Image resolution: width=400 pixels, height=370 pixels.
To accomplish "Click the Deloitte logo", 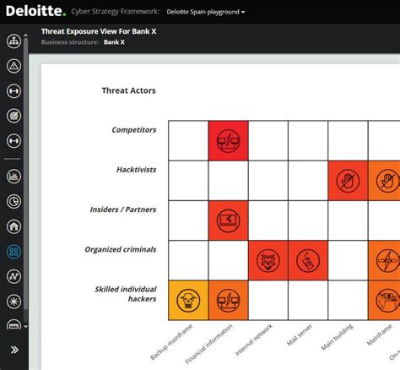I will [x=41, y=12].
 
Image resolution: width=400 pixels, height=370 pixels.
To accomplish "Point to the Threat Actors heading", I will [x=128, y=90].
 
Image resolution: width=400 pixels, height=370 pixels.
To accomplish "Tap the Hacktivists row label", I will [x=136, y=170].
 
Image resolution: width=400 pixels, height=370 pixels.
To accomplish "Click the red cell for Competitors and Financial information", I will [x=229, y=140].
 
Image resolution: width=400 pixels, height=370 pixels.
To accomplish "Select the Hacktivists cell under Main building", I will [x=348, y=180].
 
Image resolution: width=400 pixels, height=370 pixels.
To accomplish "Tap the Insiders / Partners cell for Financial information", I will [x=229, y=220].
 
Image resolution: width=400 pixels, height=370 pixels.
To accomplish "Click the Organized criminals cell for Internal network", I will [x=268, y=259].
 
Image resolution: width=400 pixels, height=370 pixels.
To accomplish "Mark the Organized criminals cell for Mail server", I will [x=308, y=259].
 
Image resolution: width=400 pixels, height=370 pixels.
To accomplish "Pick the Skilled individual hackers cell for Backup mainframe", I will [x=188, y=300].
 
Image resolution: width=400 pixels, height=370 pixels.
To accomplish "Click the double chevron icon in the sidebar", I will [x=14, y=349].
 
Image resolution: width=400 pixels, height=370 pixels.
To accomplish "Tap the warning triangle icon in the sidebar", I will [x=14, y=66].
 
